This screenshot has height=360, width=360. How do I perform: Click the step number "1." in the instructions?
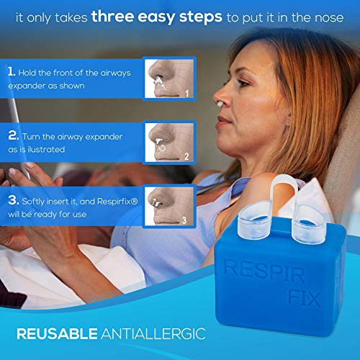[x=11, y=73]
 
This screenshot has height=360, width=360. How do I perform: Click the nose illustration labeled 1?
[x=168, y=78]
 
